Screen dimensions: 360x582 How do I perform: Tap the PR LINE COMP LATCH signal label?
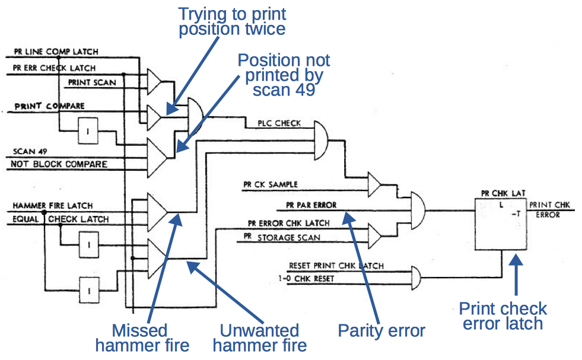click(x=56, y=52)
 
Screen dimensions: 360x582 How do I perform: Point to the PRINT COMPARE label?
click(x=49, y=107)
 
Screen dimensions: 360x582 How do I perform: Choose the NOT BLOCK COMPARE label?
click(x=60, y=164)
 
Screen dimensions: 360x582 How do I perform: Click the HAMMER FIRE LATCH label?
click(x=53, y=205)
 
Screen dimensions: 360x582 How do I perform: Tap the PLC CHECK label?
click(x=279, y=123)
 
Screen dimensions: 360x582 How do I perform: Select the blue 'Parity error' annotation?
click(x=381, y=330)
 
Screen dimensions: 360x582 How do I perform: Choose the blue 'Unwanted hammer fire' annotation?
click(x=259, y=337)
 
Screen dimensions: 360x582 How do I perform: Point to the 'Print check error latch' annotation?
click(x=503, y=316)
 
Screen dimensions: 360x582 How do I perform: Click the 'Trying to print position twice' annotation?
click(x=232, y=21)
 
